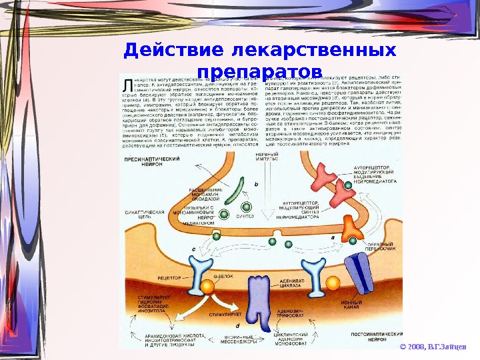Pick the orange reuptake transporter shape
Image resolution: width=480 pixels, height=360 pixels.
(351, 229)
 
